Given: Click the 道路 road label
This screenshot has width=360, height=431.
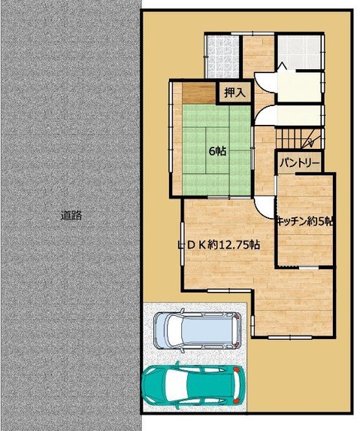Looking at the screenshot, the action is [71, 215].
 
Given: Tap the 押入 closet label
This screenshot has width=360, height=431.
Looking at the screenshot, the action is [234, 93].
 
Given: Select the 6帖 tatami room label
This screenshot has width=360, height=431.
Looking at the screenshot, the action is [218, 151].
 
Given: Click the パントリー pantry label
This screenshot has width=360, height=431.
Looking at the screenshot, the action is [300, 163].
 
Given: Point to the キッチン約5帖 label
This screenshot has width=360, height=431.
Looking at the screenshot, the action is [305, 221].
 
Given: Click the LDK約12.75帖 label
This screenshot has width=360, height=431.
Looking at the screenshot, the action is [219, 244].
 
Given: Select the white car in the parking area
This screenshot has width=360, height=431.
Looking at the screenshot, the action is [198, 331].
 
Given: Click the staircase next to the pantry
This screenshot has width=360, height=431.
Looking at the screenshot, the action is [299, 138].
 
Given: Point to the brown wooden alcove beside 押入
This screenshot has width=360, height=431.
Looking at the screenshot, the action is [199, 93].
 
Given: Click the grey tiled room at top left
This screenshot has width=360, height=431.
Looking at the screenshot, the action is [222, 56].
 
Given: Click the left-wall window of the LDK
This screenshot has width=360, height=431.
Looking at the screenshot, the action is [183, 244].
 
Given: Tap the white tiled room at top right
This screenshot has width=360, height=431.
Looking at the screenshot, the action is [299, 52].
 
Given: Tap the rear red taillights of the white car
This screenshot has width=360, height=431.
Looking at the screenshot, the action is [236, 331].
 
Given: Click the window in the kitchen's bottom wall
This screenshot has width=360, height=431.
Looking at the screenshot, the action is [309, 267].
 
